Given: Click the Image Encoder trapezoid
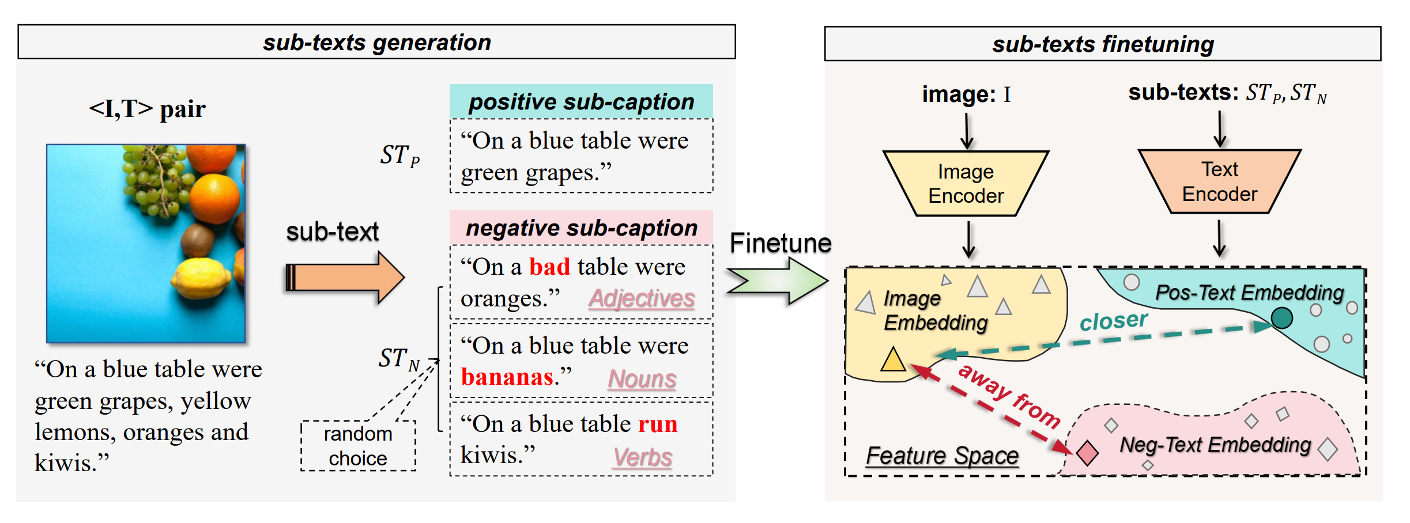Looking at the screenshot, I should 966,184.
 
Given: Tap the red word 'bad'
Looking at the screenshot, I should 549,267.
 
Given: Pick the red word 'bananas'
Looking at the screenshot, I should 507,377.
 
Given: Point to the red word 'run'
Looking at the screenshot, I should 658,424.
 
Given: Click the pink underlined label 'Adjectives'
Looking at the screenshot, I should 641,298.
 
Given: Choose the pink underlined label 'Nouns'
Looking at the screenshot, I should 642,379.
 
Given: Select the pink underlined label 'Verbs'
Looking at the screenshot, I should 642,457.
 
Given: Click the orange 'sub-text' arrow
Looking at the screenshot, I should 345,278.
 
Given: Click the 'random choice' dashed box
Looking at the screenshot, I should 358,446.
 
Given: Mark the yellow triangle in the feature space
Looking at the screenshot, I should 893,360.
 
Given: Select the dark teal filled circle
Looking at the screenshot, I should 1281,318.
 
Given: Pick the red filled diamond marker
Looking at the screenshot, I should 1087,453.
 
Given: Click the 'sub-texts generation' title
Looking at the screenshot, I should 377,42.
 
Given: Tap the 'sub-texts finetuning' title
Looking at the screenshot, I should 1102,44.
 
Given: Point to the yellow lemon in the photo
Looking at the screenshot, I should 201,279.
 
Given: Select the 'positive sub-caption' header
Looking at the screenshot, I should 581,102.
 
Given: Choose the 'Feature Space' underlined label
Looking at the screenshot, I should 942,456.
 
